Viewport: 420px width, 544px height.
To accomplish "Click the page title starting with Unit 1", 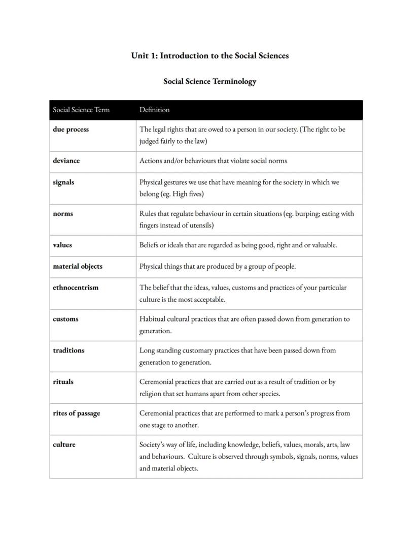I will tap(209, 56).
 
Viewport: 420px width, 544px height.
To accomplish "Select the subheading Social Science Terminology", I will tap(209, 81).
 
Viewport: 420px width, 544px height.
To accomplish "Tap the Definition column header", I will tap(154, 110).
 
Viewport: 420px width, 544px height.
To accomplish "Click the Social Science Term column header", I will tap(81, 110).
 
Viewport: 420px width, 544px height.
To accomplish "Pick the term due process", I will tap(71, 130).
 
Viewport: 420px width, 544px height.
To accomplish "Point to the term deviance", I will tap(66, 161).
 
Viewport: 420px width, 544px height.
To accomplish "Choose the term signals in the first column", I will tap(63, 182).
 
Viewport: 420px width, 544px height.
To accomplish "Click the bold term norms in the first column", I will tap(63, 214).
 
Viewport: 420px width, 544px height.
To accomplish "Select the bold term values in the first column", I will tap(62, 245).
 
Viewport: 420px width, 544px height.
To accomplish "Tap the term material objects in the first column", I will tap(77, 266).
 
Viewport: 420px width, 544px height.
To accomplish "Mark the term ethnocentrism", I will tap(76, 287).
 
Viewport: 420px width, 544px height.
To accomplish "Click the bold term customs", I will tap(65, 319).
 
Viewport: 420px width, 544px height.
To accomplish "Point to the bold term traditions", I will tap(68, 350).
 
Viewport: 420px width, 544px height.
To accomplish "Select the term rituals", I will tap(63, 382).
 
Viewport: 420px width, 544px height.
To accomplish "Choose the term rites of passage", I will tap(76, 413).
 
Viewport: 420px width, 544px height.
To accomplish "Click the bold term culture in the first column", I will tap(64, 444).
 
